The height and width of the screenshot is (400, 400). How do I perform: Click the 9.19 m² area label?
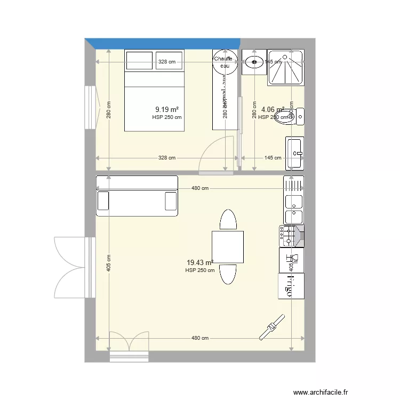pyautogui.click(x=166, y=110)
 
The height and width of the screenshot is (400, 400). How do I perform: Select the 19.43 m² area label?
pyautogui.click(x=199, y=262)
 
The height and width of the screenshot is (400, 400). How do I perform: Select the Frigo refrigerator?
pyautogui.click(x=291, y=286)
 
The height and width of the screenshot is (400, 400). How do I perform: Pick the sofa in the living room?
pyautogui.click(x=137, y=196)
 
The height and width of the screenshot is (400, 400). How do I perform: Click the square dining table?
pyautogui.click(x=228, y=246)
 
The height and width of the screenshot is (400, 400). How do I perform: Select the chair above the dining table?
pyautogui.click(x=228, y=220)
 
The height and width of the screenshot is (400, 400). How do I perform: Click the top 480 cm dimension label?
pyautogui.click(x=200, y=188)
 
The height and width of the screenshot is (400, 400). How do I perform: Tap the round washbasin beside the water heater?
pyautogui.click(x=253, y=62)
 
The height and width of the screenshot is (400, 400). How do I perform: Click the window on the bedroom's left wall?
pyautogui.click(x=91, y=107)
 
